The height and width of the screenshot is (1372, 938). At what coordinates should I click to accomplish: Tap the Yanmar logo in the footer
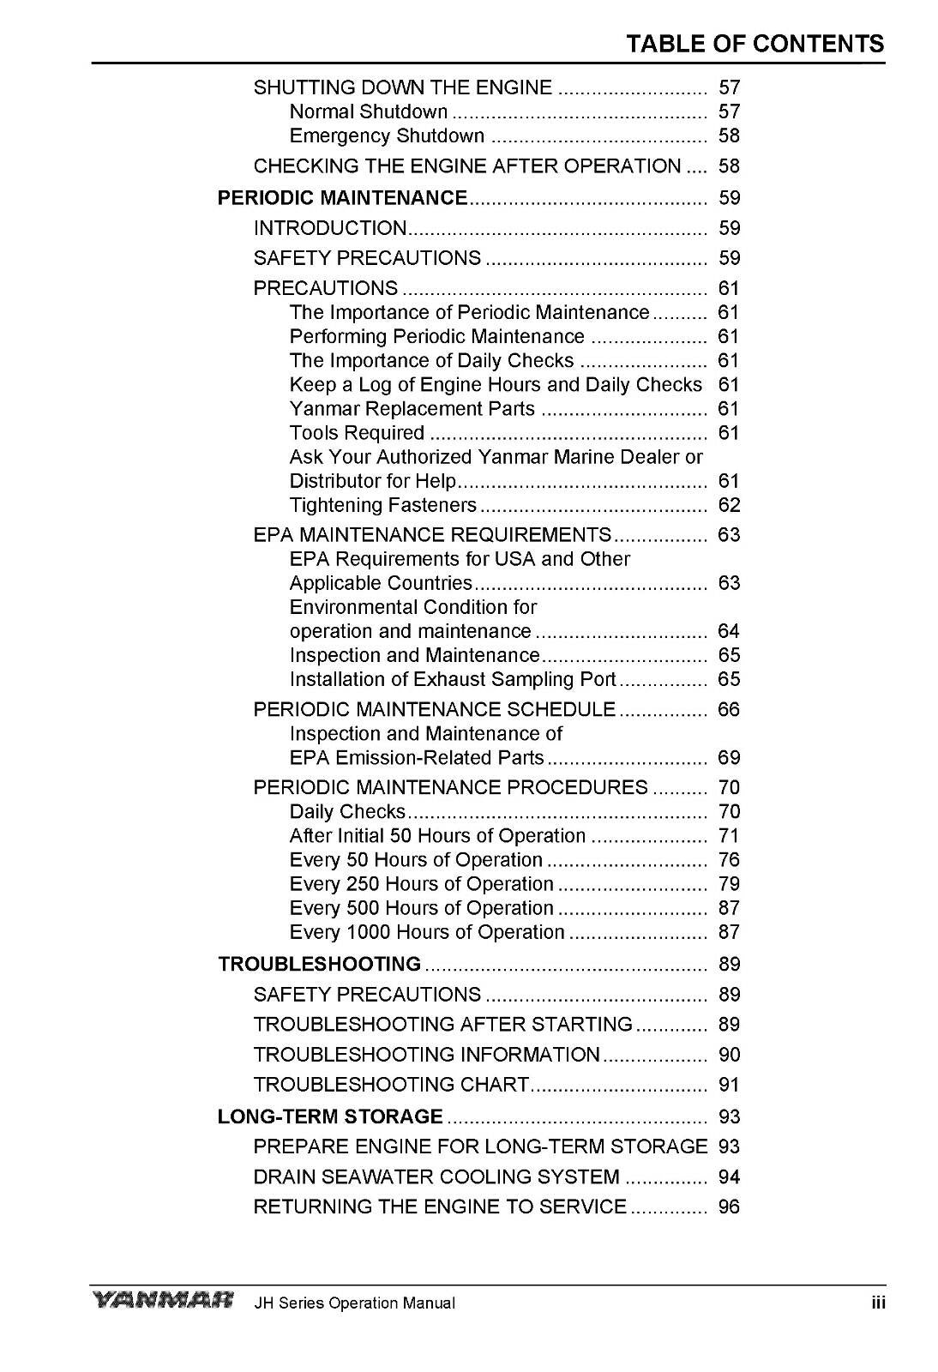[162, 1302]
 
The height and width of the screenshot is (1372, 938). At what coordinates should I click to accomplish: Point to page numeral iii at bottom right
[877, 1303]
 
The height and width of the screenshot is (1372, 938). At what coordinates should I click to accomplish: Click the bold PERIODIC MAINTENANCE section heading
[343, 198]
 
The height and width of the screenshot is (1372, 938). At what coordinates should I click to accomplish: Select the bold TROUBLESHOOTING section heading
[320, 964]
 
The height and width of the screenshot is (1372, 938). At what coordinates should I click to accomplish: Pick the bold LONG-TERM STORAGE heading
[330, 1116]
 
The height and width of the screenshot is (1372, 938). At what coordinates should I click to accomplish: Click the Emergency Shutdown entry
[387, 135]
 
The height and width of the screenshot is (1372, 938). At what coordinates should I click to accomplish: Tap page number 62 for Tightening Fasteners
[729, 505]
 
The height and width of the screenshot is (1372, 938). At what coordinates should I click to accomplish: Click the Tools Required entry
[357, 433]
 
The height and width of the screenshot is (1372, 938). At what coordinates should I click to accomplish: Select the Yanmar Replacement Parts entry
[412, 409]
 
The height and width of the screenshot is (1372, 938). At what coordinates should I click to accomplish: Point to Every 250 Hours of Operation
[421, 884]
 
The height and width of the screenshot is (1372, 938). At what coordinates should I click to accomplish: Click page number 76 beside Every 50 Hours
[729, 860]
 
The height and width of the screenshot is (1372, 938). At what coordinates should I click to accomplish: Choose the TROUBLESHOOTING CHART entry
[391, 1085]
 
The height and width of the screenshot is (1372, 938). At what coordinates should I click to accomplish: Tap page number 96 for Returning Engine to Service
[729, 1207]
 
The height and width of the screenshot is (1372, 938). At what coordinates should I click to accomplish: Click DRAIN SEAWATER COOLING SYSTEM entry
[436, 1176]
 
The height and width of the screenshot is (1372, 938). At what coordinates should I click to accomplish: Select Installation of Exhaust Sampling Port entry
[452, 679]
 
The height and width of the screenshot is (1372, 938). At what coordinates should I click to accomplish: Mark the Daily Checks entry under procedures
[347, 811]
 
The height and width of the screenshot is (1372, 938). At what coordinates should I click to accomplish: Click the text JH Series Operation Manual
[354, 1303]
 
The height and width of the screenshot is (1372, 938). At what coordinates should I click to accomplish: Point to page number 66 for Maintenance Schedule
[729, 709]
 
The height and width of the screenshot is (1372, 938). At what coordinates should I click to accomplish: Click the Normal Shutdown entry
[369, 111]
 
